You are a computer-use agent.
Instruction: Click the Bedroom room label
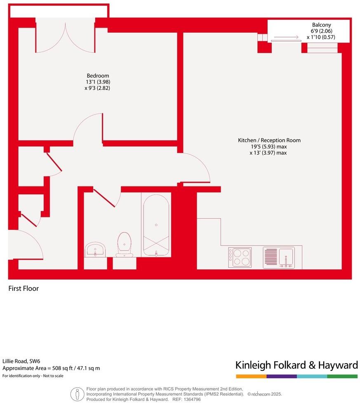coord(98,75)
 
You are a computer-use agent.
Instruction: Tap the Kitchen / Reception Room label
coord(269,140)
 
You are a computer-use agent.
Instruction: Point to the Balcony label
coord(321,24)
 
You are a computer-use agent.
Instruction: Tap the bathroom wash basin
coord(95,250)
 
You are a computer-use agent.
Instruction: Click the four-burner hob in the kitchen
coord(240,257)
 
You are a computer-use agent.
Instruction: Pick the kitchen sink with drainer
coord(279,257)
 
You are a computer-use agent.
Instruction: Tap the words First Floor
coord(24,288)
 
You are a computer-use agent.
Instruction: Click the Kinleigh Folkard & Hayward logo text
coord(296,365)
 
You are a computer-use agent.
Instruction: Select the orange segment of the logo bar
coord(251,376)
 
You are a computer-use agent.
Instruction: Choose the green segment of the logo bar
coord(342,376)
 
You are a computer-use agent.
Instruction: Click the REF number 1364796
coord(192,399)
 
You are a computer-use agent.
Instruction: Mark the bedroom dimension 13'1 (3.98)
coord(98,82)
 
